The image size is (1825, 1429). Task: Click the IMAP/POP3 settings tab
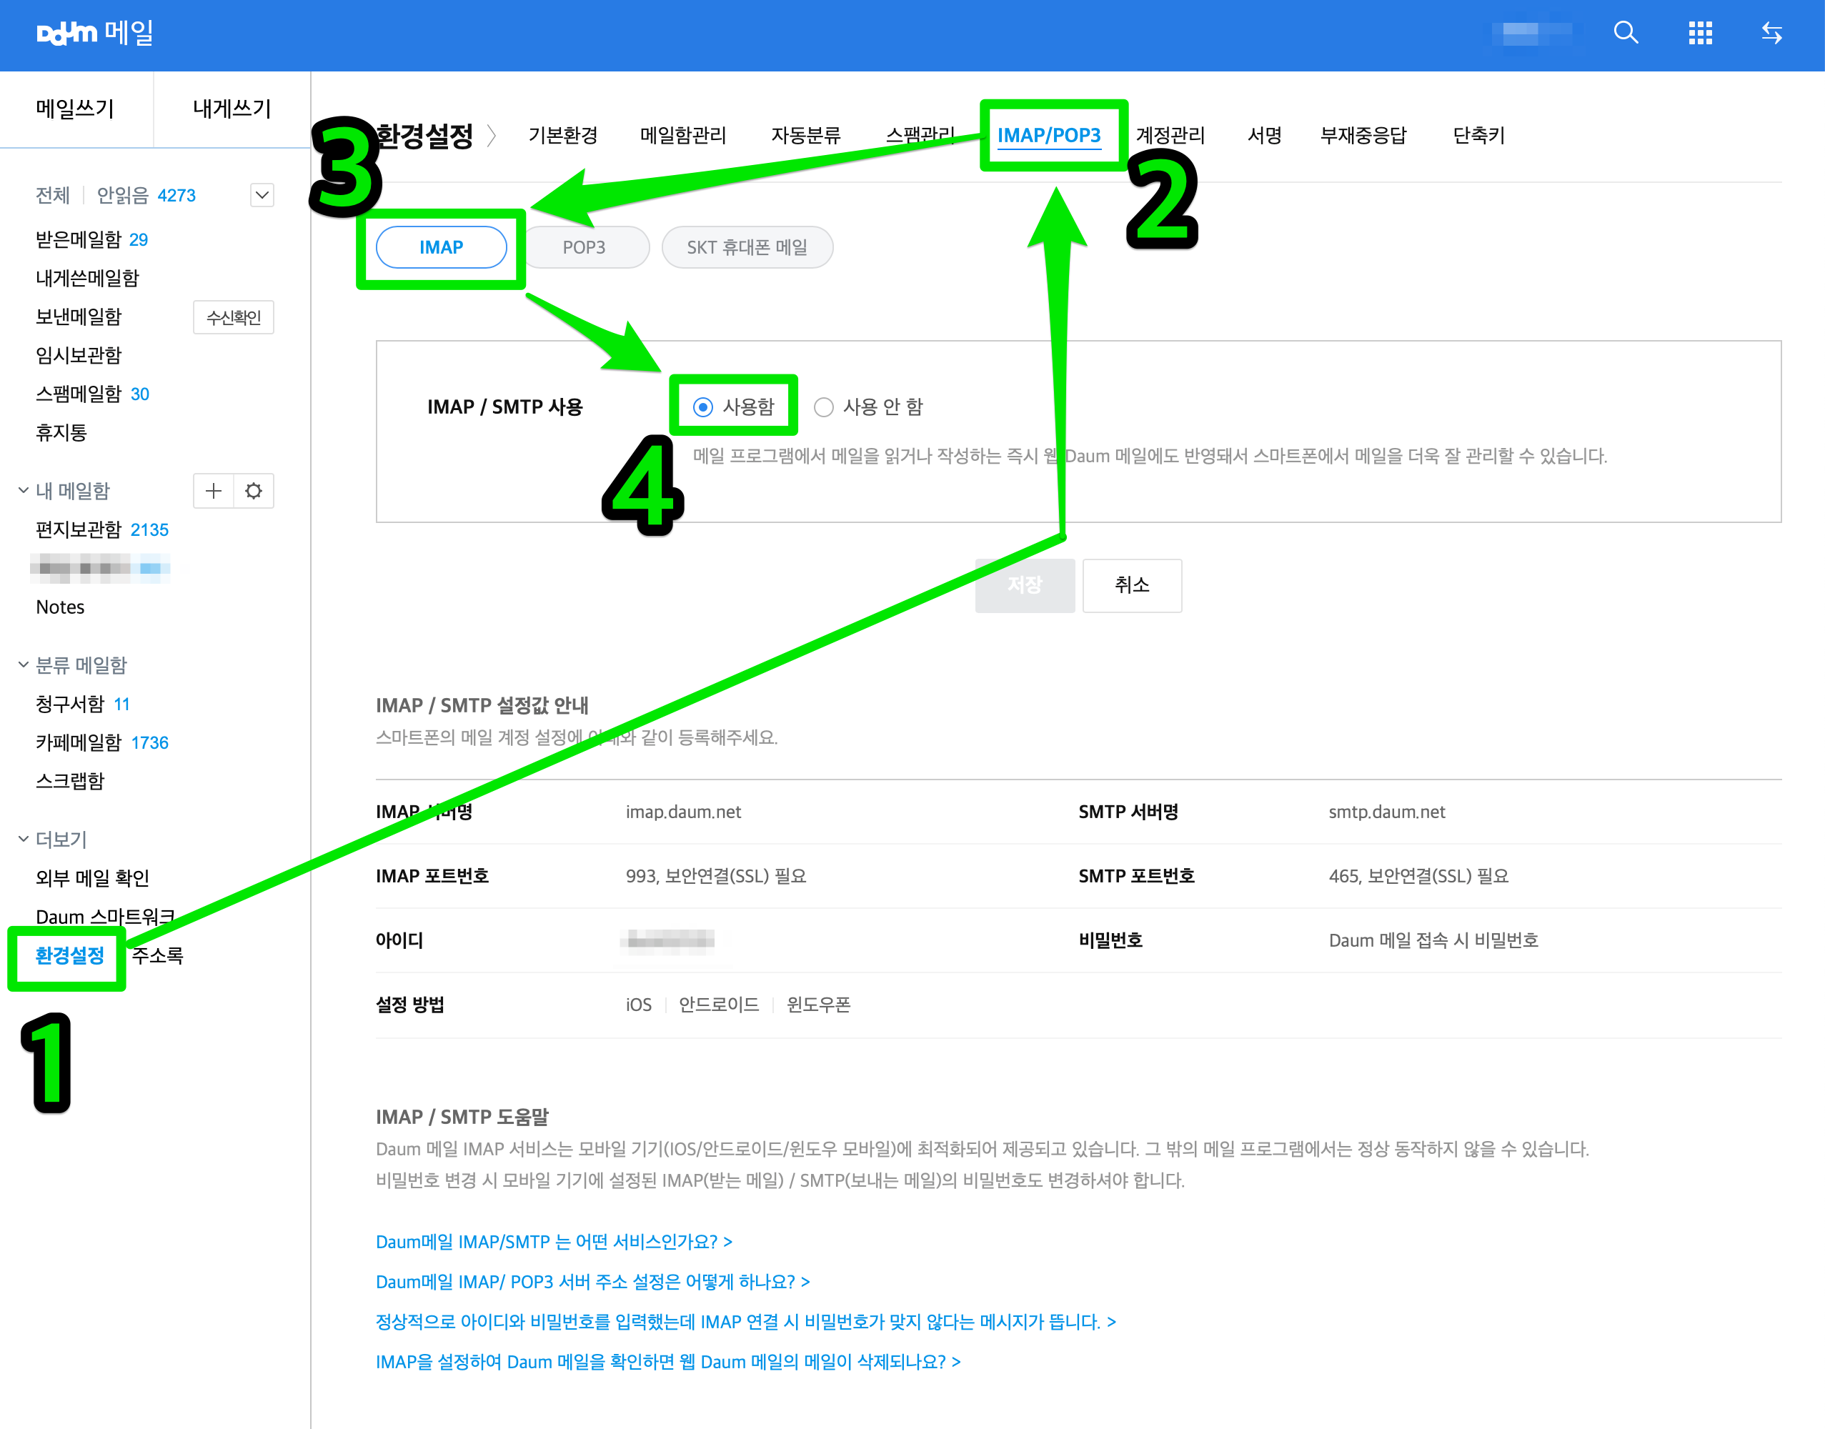[x=1048, y=136]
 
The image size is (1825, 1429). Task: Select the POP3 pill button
[x=584, y=248]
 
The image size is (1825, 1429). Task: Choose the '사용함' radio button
[x=703, y=407]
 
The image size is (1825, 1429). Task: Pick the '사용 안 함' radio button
[x=824, y=407]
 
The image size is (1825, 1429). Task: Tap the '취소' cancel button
[x=1131, y=585]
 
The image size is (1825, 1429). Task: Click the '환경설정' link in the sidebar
[x=69, y=955]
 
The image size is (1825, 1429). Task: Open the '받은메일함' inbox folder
[x=79, y=240]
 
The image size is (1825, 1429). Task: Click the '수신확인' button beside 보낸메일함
[x=234, y=318]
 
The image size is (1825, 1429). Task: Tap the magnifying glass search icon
[x=1625, y=34]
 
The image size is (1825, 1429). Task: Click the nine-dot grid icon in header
[x=1699, y=34]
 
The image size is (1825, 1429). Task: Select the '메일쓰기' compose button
[x=75, y=109]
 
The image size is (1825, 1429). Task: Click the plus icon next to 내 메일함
[x=214, y=491]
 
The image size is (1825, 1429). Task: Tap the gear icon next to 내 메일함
[x=254, y=491]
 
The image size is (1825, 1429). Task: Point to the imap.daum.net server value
[x=683, y=812]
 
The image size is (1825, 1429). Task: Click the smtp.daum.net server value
[x=1386, y=812]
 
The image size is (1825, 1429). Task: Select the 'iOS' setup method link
[x=638, y=1005]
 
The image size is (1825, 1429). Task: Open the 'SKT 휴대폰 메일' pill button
[x=747, y=248]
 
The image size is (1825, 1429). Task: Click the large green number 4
[x=642, y=485]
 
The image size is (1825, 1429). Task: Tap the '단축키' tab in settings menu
[x=1478, y=136]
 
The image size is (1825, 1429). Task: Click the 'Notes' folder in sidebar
[x=60, y=607]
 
